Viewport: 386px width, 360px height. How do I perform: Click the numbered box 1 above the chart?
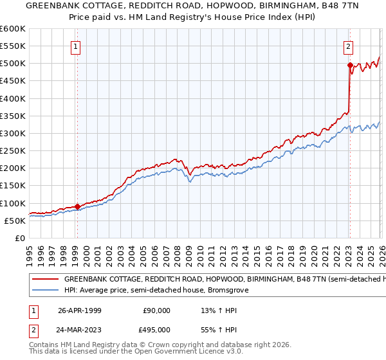click(76, 46)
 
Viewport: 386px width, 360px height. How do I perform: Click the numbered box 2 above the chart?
click(348, 46)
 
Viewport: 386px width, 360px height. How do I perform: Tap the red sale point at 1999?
click(77, 206)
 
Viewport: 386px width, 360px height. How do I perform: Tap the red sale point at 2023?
click(349, 66)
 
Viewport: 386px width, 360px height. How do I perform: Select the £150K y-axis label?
click(12, 185)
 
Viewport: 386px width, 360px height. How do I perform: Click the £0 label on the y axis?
click(19, 238)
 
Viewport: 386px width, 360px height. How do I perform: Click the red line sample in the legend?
click(45, 280)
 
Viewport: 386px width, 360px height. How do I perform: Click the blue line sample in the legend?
click(45, 291)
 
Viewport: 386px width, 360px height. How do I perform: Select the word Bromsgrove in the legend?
click(227, 291)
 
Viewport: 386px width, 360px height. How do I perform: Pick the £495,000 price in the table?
click(156, 330)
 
